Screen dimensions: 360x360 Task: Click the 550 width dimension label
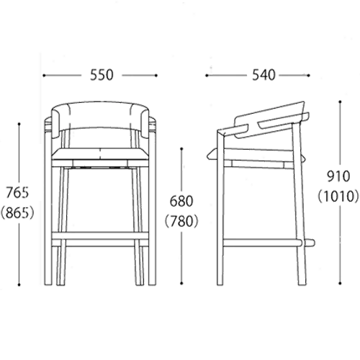click(102, 75)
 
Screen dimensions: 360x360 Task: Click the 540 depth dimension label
click(264, 75)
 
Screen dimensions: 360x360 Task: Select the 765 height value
click(17, 192)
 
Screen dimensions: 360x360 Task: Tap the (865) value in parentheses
click(17, 213)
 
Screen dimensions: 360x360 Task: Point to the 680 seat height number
click(181, 201)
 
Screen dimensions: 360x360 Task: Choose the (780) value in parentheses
click(181, 221)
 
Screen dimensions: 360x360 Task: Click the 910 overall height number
click(338, 176)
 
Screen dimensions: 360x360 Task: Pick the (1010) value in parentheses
click(338, 197)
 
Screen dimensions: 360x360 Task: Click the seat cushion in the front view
click(100, 154)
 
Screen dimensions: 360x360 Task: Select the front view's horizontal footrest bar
click(100, 235)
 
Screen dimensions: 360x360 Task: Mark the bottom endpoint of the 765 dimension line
click(19, 284)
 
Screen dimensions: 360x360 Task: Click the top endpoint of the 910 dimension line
click(340, 102)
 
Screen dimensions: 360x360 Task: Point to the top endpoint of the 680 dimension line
click(181, 149)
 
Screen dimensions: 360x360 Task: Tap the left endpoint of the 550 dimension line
click(44, 76)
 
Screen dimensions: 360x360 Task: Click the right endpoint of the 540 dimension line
click(308, 76)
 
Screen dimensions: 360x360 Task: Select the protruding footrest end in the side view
click(310, 243)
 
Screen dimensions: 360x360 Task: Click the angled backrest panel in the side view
click(271, 120)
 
